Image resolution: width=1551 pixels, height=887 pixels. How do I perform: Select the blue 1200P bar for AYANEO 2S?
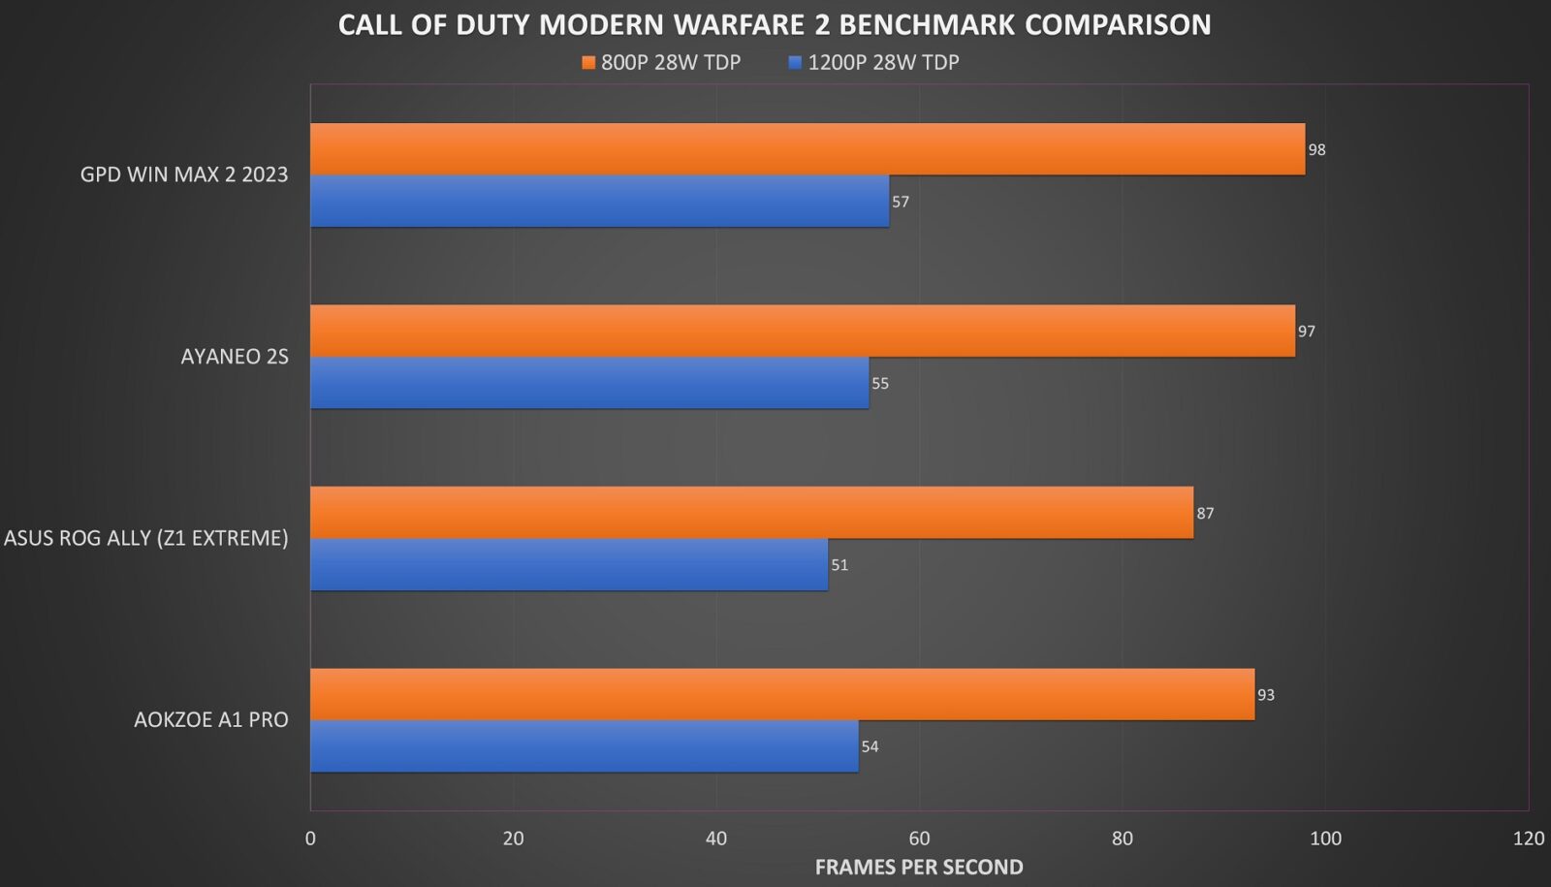coord(589,383)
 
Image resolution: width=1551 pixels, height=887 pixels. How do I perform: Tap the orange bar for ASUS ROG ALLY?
coord(751,513)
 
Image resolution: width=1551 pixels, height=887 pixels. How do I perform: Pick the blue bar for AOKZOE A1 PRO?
coord(584,746)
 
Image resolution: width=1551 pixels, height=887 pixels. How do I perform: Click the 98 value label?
coord(1316,150)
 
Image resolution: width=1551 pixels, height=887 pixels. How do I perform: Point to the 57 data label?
coord(901,202)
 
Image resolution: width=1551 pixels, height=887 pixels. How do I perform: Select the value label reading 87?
coord(1205,514)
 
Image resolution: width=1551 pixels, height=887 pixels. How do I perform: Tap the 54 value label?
coord(870,747)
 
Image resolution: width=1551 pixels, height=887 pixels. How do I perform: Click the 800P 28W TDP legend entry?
coord(662,63)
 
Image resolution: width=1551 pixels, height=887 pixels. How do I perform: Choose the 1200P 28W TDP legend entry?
coord(874,63)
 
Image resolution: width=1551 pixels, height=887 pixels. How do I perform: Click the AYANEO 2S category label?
coord(235,357)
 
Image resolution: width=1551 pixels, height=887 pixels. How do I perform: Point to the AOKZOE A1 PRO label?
coord(211,720)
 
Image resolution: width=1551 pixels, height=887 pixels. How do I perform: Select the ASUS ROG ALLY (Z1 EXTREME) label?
coord(146,538)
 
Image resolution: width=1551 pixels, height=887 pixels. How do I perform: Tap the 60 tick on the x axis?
coord(919,839)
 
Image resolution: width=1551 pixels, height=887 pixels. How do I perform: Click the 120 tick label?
coord(1528,839)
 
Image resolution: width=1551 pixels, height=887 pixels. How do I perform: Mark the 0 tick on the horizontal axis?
coord(310,839)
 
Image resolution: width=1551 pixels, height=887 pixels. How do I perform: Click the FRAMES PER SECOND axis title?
coord(919,867)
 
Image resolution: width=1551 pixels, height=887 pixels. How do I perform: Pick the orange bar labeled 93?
coord(781,694)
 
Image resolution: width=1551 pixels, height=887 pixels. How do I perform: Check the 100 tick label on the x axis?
coord(1325,839)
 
